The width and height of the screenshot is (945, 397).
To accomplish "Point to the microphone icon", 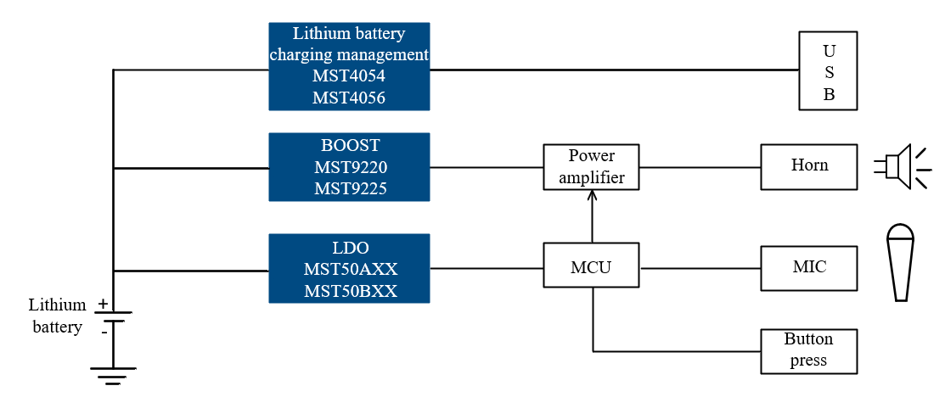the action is point(900,262).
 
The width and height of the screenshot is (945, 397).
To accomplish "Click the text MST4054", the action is point(348,75).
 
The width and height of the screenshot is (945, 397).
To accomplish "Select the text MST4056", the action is point(348,98).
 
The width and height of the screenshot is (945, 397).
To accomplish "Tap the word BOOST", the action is point(350,145).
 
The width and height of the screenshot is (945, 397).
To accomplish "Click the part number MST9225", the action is point(350,188).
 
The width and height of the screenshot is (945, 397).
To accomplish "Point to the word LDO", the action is point(350,248).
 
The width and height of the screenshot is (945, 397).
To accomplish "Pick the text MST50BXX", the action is point(350,291).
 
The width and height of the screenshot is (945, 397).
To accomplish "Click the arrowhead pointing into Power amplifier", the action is point(592,195).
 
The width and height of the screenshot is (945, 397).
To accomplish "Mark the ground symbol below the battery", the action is point(113,376).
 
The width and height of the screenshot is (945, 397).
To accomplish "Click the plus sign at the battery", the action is point(103,304).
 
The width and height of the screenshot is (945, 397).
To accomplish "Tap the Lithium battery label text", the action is point(57,316).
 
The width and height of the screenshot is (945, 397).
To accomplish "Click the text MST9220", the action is point(350,167).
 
